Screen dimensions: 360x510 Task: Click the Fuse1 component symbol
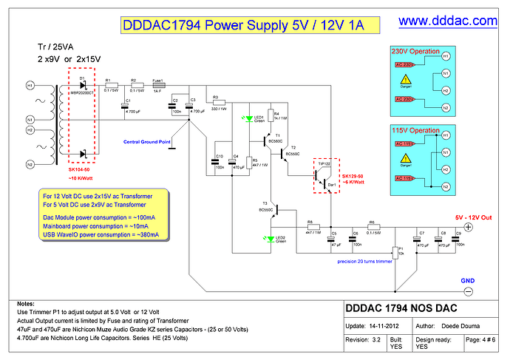[x=157, y=85]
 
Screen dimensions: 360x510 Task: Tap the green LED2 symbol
[x=268, y=238]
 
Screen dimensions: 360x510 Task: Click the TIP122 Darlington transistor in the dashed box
[x=323, y=174]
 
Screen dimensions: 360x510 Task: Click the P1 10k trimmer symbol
[x=396, y=254]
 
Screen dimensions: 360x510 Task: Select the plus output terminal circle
[x=468, y=228]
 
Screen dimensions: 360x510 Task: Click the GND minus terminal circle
[x=468, y=291]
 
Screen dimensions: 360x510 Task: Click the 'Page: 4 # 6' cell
[x=485, y=340]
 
